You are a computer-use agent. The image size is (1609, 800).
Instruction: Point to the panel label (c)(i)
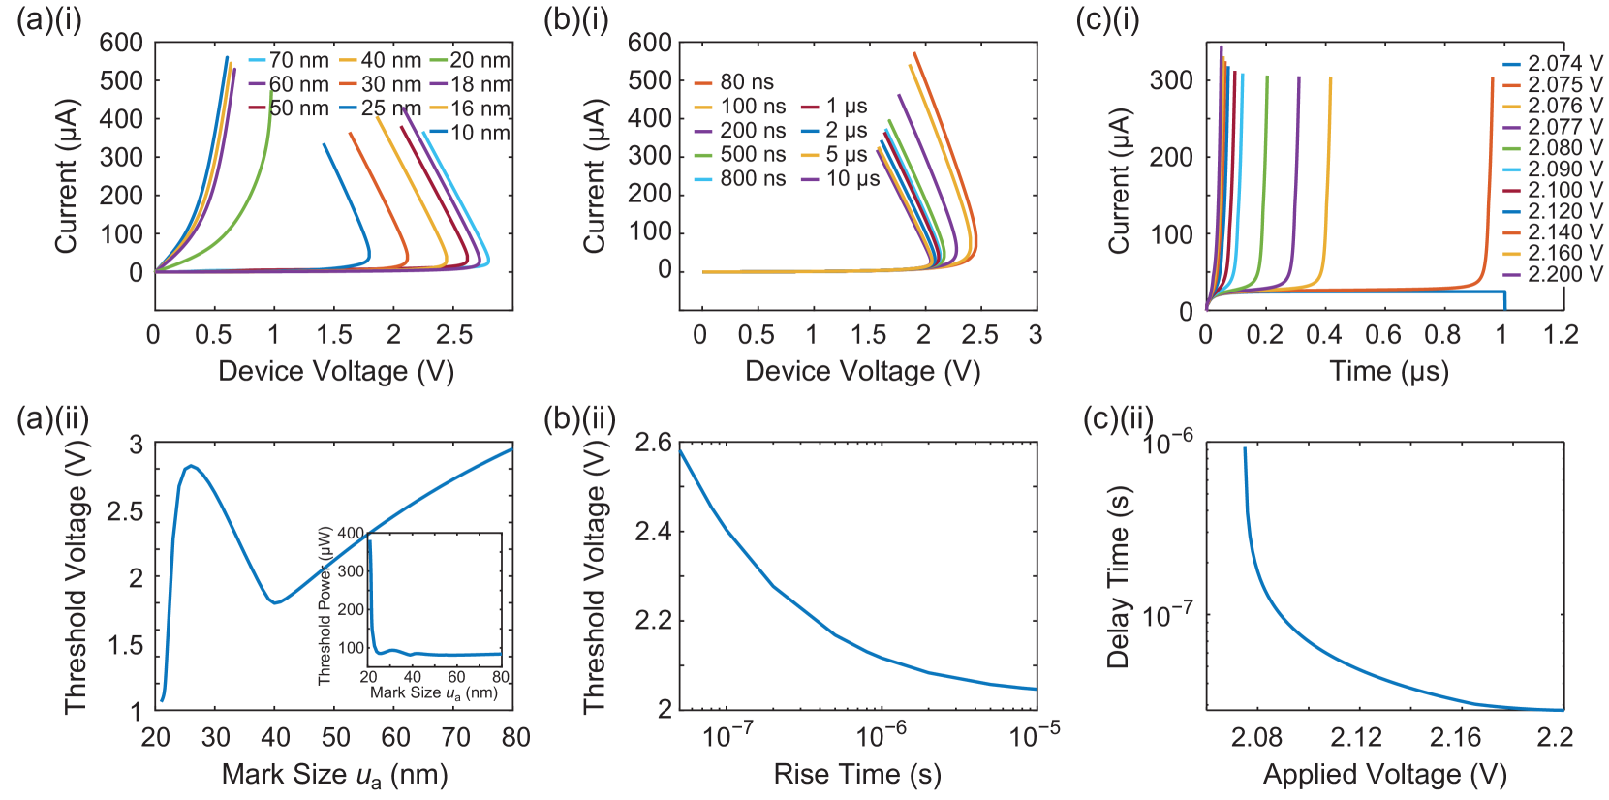[x=1108, y=21]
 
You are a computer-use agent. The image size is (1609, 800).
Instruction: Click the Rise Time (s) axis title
[x=857, y=774]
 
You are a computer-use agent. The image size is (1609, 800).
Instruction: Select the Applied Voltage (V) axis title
[x=1384, y=774]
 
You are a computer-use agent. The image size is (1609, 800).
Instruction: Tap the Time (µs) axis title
[x=1388, y=371]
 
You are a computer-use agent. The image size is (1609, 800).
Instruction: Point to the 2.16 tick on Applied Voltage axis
[x=1455, y=737]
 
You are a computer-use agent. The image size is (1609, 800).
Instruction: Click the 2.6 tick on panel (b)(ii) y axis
[x=654, y=443]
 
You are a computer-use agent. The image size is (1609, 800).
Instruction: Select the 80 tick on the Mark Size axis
[x=515, y=737]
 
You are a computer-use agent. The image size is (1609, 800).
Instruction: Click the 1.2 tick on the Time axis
[x=1560, y=335]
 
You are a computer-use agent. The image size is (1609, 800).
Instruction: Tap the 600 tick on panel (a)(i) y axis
[x=121, y=43]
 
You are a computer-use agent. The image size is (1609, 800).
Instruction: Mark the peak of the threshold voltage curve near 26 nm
[x=192, y=465]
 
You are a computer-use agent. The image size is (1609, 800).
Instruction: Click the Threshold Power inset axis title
[x=325, y=604]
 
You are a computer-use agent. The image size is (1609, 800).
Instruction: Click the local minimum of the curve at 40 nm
[x=276, y=602]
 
